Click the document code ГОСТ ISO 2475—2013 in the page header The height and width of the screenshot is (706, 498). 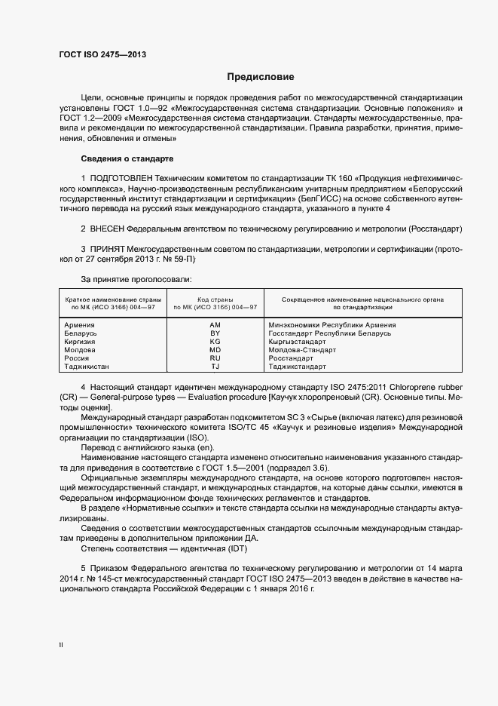pyautogui.click(x=102, y=56)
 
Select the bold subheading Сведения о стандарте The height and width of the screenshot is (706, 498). pyautogui.click(x=127, y=159)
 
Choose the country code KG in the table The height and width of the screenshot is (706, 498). pyautogui.click(x=215, y=342)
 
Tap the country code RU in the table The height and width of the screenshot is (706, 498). pyautogui.click(x=215, y=358)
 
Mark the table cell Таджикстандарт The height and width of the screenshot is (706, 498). pyautogui.click(x=297, y=367)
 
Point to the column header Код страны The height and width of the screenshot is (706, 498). pyautogui.click(x=215, y=299)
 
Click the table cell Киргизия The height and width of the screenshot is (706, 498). pyautogui.click(x=81, y=342)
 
